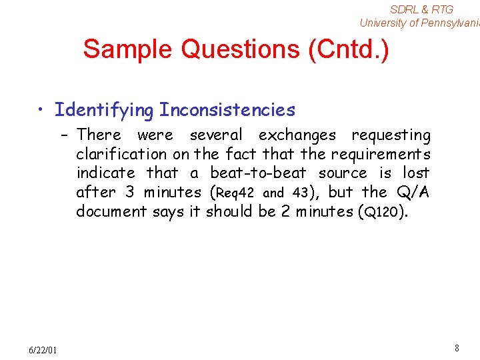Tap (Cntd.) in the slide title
point(349,49)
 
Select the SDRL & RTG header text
point(421,9)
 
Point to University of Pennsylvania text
point(419,23)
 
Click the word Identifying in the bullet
point(104,109)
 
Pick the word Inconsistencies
point(227,109)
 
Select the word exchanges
point(298,135)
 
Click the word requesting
point(391,135)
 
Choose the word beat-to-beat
point(258,173)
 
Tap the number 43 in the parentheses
point(299,193)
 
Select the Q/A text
point(413,193)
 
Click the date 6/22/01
point(43,350)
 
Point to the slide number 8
point(457,348)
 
